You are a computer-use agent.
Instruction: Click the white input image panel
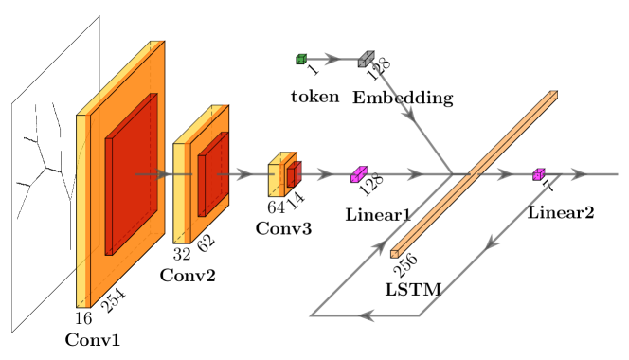(x=43, y=189)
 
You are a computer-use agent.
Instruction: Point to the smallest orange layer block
(x=276, y=179)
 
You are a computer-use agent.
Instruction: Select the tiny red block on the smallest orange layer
(x=293, y=174)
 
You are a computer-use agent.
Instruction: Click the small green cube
(x=301, y=59)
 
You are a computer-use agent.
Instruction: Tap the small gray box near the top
(x=366, y=59)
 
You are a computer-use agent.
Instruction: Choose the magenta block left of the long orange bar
(x=358, y=174)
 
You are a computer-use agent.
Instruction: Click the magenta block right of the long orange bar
(x=538, y=174)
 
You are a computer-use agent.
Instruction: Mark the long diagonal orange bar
(x=474, y=173)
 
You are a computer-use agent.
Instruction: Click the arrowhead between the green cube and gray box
(x=332, y=59)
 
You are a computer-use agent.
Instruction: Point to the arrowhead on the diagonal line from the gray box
(x=408, y=113)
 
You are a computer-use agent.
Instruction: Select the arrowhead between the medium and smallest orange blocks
(x=244, y=174)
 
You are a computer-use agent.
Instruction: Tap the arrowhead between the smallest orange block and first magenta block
(x=324, y=174)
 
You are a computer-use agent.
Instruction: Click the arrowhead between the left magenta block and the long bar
(x=414, y=174)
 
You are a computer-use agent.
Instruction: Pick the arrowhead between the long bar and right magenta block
(x=504, y=174)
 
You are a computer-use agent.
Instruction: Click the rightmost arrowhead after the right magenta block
(x=578, y=174)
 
